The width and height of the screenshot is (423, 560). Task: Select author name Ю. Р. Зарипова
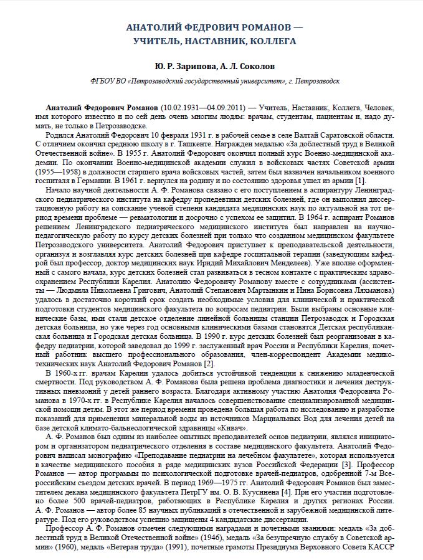pos(181,65)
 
